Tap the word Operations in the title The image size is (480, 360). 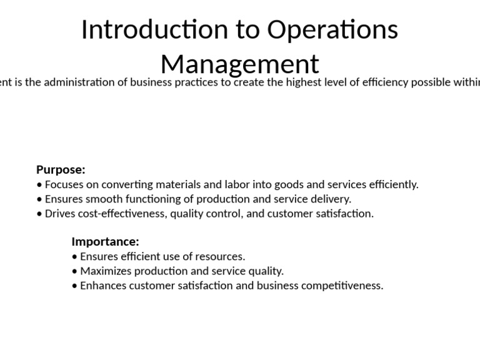coord(332,30)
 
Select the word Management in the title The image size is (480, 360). coord(239,64)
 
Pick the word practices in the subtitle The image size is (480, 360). coord(198,82)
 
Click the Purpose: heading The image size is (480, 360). coord(61,170)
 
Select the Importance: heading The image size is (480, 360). coord(105,242)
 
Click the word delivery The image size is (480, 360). coord(332,199)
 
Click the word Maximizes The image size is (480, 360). coord(106,271)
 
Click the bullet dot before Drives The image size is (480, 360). coord(39,214)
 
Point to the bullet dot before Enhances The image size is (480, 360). coord(75,286)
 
